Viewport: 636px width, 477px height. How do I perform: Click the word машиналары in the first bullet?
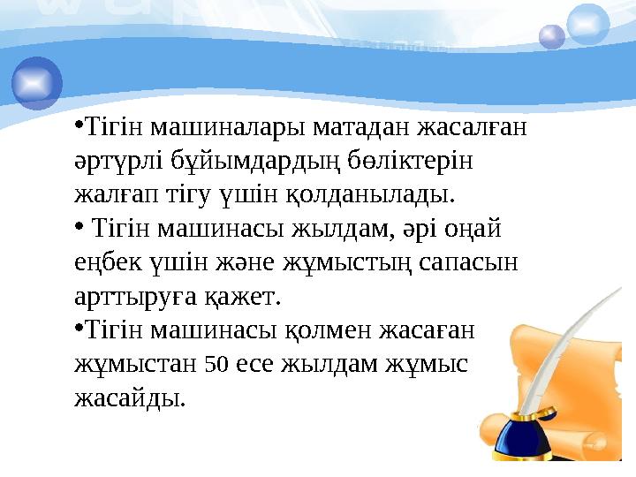coord(222,129)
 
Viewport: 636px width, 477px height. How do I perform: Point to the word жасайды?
coord(129,396)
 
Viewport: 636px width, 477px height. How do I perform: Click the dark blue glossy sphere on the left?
coord(37,83)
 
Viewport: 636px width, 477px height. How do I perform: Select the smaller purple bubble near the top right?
coord(552,36)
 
